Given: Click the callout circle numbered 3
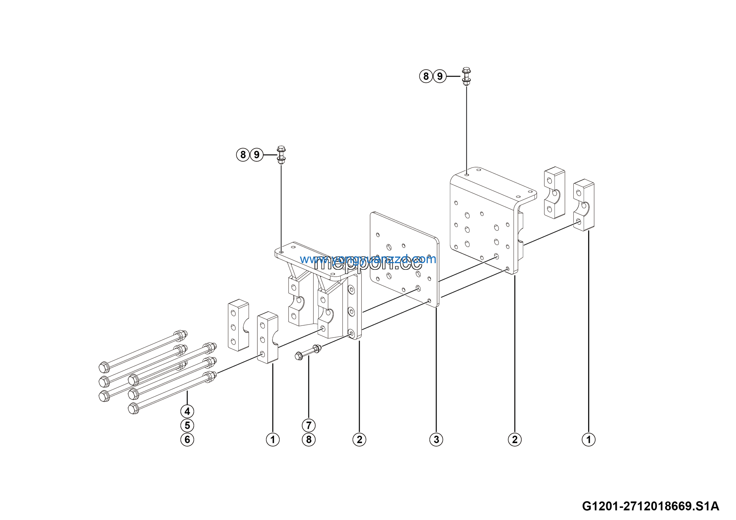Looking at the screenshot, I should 436,439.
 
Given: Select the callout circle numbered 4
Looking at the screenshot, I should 187,411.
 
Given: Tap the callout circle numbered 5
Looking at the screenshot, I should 187,425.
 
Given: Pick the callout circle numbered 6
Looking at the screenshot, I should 187,439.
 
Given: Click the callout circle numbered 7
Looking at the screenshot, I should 309,425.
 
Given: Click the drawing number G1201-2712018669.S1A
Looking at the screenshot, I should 650,506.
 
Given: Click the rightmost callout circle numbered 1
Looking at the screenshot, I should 589,439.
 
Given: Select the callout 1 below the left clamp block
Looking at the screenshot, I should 273,439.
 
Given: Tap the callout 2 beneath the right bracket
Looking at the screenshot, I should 515,439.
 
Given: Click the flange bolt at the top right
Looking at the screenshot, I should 466,76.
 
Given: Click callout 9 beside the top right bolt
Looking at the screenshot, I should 440,76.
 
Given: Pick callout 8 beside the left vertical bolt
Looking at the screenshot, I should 243,155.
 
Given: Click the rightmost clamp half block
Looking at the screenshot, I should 584,205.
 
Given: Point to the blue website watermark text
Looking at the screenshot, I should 368,259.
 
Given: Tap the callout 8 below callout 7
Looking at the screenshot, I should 309,439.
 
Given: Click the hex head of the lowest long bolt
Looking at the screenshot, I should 133,409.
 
